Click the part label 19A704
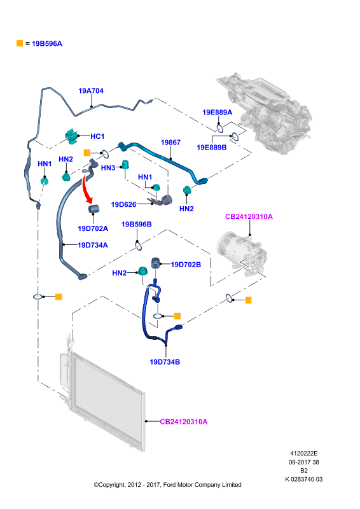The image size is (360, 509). click(91, 91)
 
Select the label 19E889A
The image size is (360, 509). click(217, 113)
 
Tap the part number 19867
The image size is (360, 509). click(170, 142)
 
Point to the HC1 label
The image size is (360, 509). click(97, 136)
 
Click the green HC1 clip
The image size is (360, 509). click(72, 136)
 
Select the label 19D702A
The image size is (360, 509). click(93, 228)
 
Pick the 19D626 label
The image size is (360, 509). click(123, 204)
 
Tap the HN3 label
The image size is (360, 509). click(108, 168)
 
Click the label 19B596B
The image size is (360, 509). click(136, 225)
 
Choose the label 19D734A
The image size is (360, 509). click(93, 245)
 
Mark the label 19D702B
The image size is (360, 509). click(186, 265)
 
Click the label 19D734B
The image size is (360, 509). click(165, 362)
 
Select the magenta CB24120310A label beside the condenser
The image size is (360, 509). click(184, 422)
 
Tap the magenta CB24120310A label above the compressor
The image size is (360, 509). click(249, 216)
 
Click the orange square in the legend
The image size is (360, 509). click(20, 43)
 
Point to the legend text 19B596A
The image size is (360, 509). click(47, 43)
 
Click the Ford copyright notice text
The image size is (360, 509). click(167, 485)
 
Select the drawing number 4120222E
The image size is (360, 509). click(304, 454)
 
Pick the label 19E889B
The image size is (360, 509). click(212, 148)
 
